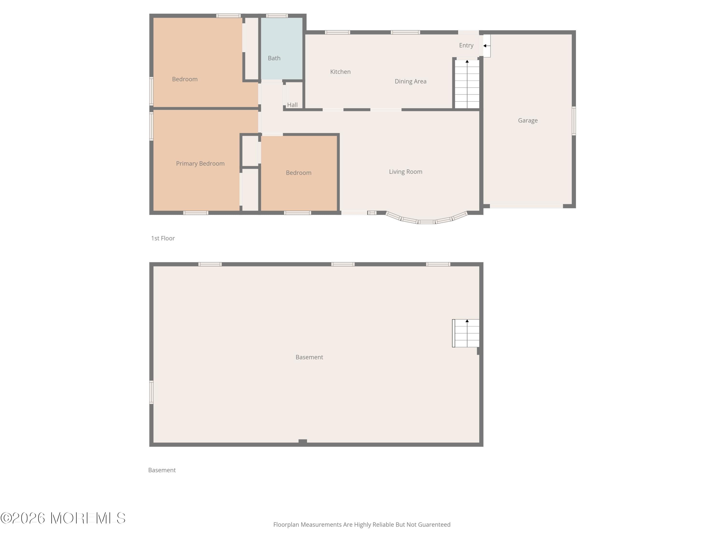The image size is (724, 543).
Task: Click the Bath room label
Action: click(x=274, y=58)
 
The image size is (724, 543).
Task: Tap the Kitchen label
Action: click(x=340, y=72)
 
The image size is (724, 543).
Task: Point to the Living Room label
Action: click(x=405, y=172)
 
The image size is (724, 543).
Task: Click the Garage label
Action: click(x=527, y=120)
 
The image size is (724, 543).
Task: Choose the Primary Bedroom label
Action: click(x=200, y=164)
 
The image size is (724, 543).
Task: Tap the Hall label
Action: click(x=292, y=105)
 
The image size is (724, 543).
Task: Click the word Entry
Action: click(x=466, y=46)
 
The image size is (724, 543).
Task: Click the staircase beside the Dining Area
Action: click(x=467, y=84)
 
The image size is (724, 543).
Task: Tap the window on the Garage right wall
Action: click(x=573, y=121)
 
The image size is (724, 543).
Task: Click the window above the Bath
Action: click(x=277, y=16)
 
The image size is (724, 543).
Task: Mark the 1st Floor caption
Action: click(x=163, y=238)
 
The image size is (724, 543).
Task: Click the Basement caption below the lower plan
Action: click(x=162, y=470)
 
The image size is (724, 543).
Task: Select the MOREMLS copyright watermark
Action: click(x=63, y=518)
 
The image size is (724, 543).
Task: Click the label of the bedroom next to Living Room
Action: click(x=298, y=173)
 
